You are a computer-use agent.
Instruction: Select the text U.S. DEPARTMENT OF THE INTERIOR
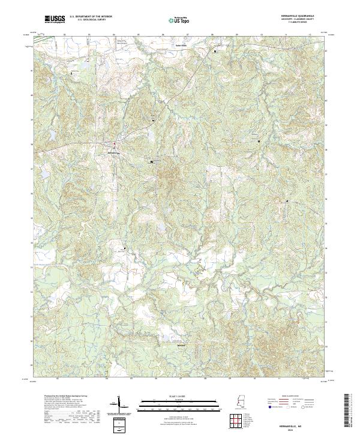click(91, 17)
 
